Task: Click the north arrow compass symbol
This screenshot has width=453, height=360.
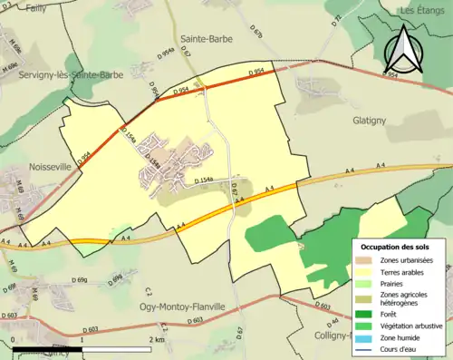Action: tap(401, 49)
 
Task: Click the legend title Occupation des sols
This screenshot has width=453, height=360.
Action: tap(395, 247)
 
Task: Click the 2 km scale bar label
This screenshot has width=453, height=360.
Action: tap(158, 339)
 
